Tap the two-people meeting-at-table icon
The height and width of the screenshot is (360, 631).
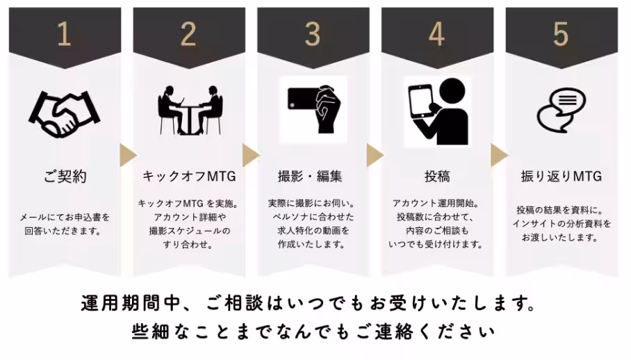click(188, 110)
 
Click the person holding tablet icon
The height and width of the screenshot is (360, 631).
click(436, 111)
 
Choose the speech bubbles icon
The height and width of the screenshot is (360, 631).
click(560, 110)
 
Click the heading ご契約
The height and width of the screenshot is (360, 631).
click(64, 177)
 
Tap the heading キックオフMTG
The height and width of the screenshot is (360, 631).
click(188, 177)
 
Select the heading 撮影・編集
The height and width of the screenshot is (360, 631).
click(313, 177)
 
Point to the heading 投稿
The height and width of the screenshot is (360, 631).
click(436, 177)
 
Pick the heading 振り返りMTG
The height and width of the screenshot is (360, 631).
click(560, 177)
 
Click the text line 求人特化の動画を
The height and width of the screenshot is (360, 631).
click(313, 231)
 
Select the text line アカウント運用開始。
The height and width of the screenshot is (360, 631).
click(436, 204)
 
